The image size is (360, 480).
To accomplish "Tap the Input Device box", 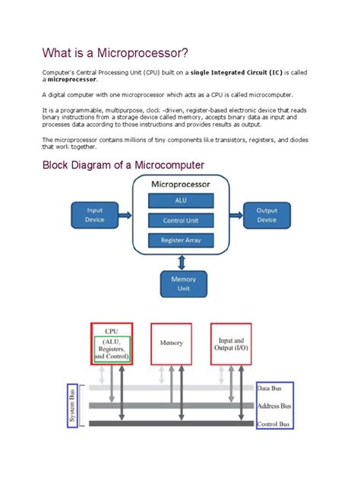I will [x=95, y=215].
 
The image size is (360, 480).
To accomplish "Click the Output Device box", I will [x=267, y=215].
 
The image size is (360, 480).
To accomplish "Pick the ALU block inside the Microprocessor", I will [x=180, y=201].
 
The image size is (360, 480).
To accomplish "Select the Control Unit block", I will [x=180, y=220].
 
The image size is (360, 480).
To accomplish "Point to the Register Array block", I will [x=180, y=240].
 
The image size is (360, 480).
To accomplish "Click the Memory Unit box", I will [x=182, y=284].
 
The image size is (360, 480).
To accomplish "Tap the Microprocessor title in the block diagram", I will [x=181, y=185].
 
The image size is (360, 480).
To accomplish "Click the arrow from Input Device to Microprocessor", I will [x=125, y=215].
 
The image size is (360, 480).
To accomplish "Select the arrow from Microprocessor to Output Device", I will [x=235, y=215].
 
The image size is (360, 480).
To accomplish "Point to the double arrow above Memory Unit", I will [x=182, y=262].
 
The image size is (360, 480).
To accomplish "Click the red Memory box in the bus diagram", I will [x=172, y=343].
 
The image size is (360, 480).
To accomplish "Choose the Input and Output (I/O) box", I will [x=231, y=343].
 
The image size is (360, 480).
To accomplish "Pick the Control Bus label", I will [x=276, y=424].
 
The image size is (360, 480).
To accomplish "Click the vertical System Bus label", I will [x=73, y=406].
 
